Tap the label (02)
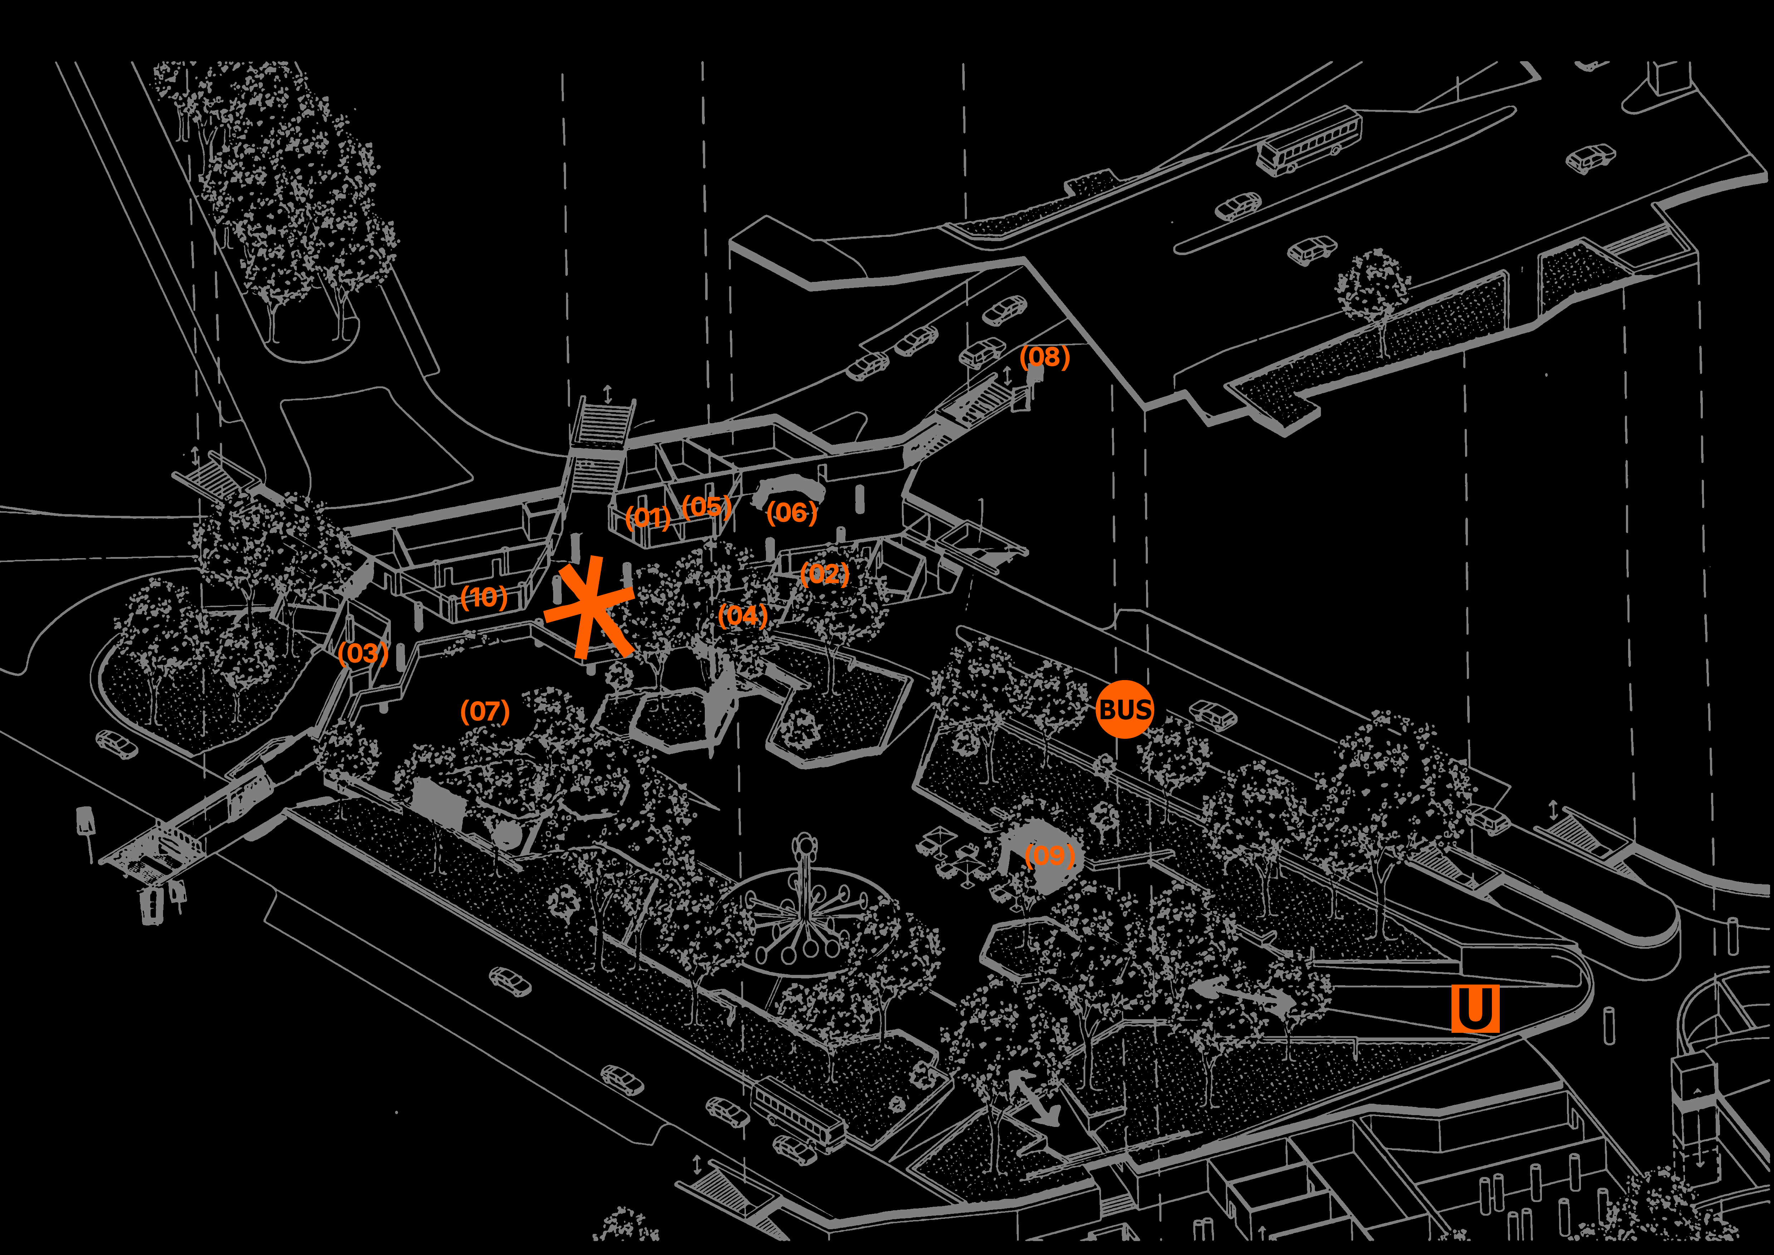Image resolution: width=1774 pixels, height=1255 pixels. click(824, 573)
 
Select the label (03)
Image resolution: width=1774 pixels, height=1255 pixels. click(362, 654)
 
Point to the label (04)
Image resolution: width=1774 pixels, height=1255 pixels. click(742, 616)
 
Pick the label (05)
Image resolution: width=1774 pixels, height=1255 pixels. click(706, 507)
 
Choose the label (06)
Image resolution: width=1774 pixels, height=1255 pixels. click(791, 512)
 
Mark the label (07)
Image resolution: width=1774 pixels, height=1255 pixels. click(485, 711)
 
